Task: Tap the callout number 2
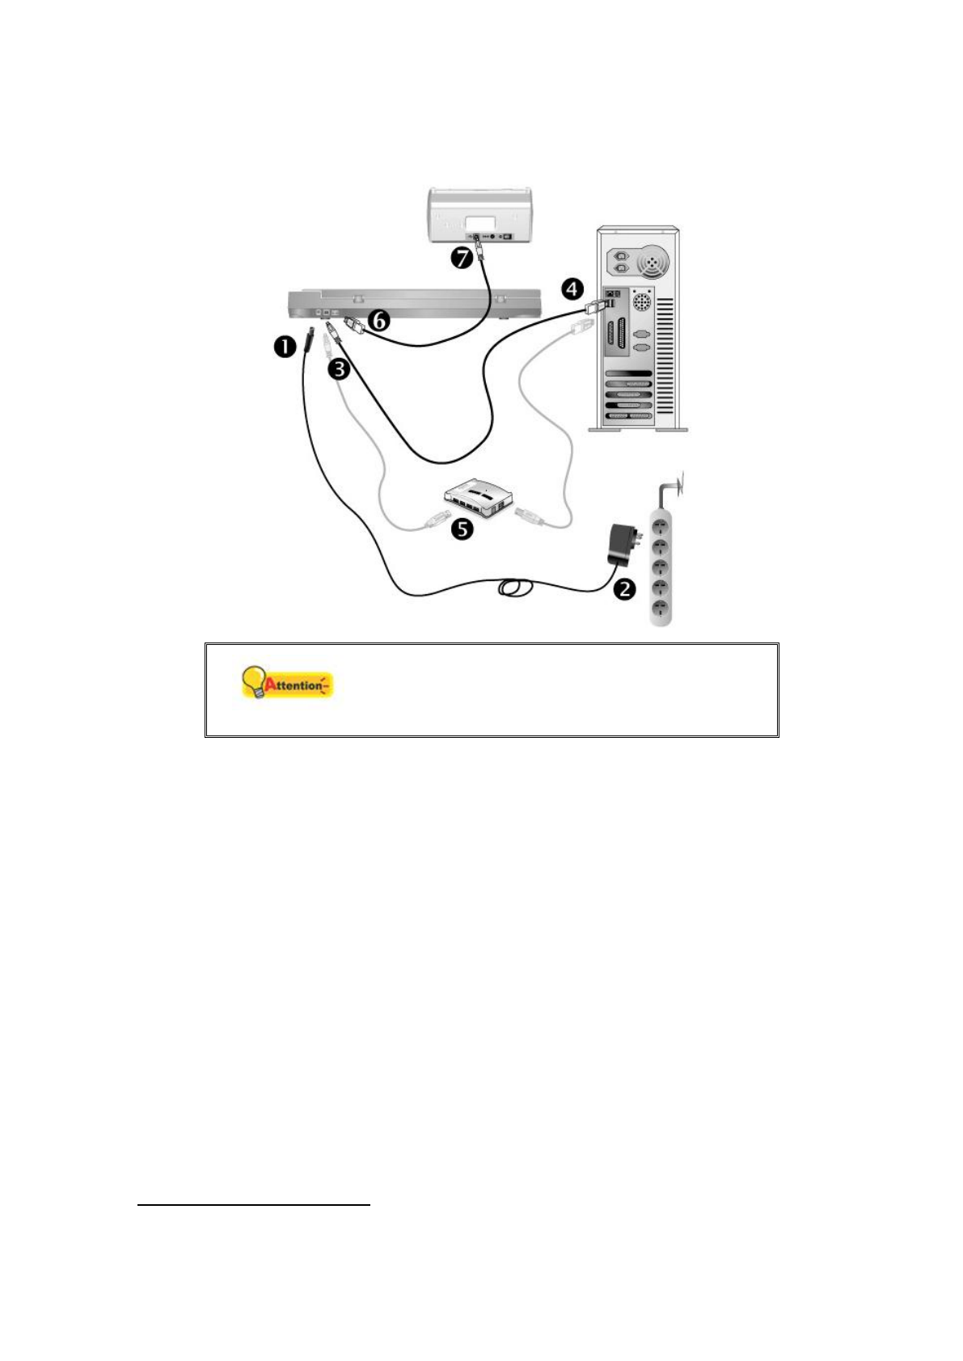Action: click(x=624, y=588)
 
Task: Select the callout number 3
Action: click(x=340, y=369)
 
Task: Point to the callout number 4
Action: click(x=572, y=288)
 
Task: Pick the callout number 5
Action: click(x=462, y=529)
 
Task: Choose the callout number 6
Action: click(x=378, y=321)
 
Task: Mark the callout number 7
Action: click(x=461, y=259)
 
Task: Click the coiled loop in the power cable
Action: click(x=514, y=588)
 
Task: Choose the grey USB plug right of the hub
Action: click(x=529, y=515)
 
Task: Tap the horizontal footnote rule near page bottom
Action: click(x=253, y=1205)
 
